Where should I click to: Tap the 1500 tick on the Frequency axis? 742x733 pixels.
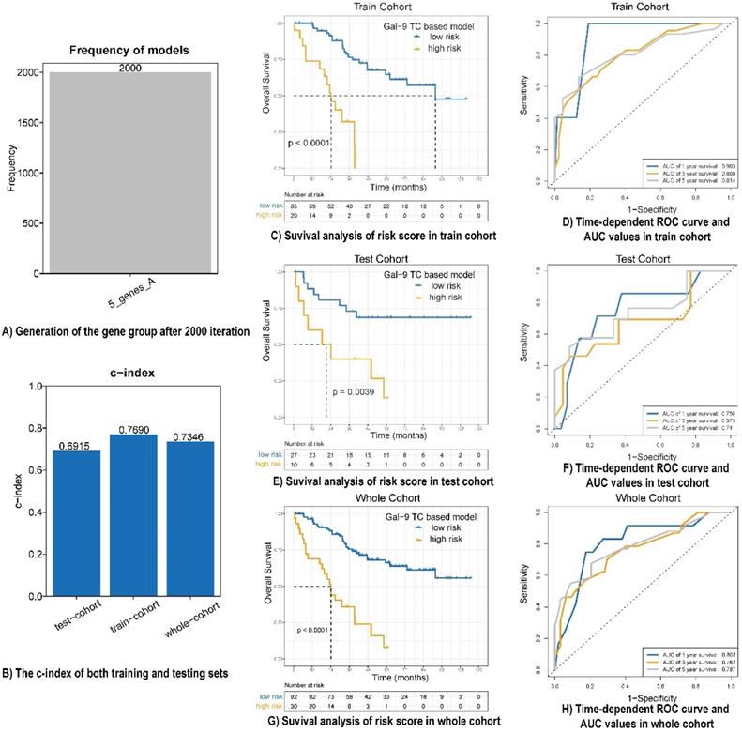pos(32,122)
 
